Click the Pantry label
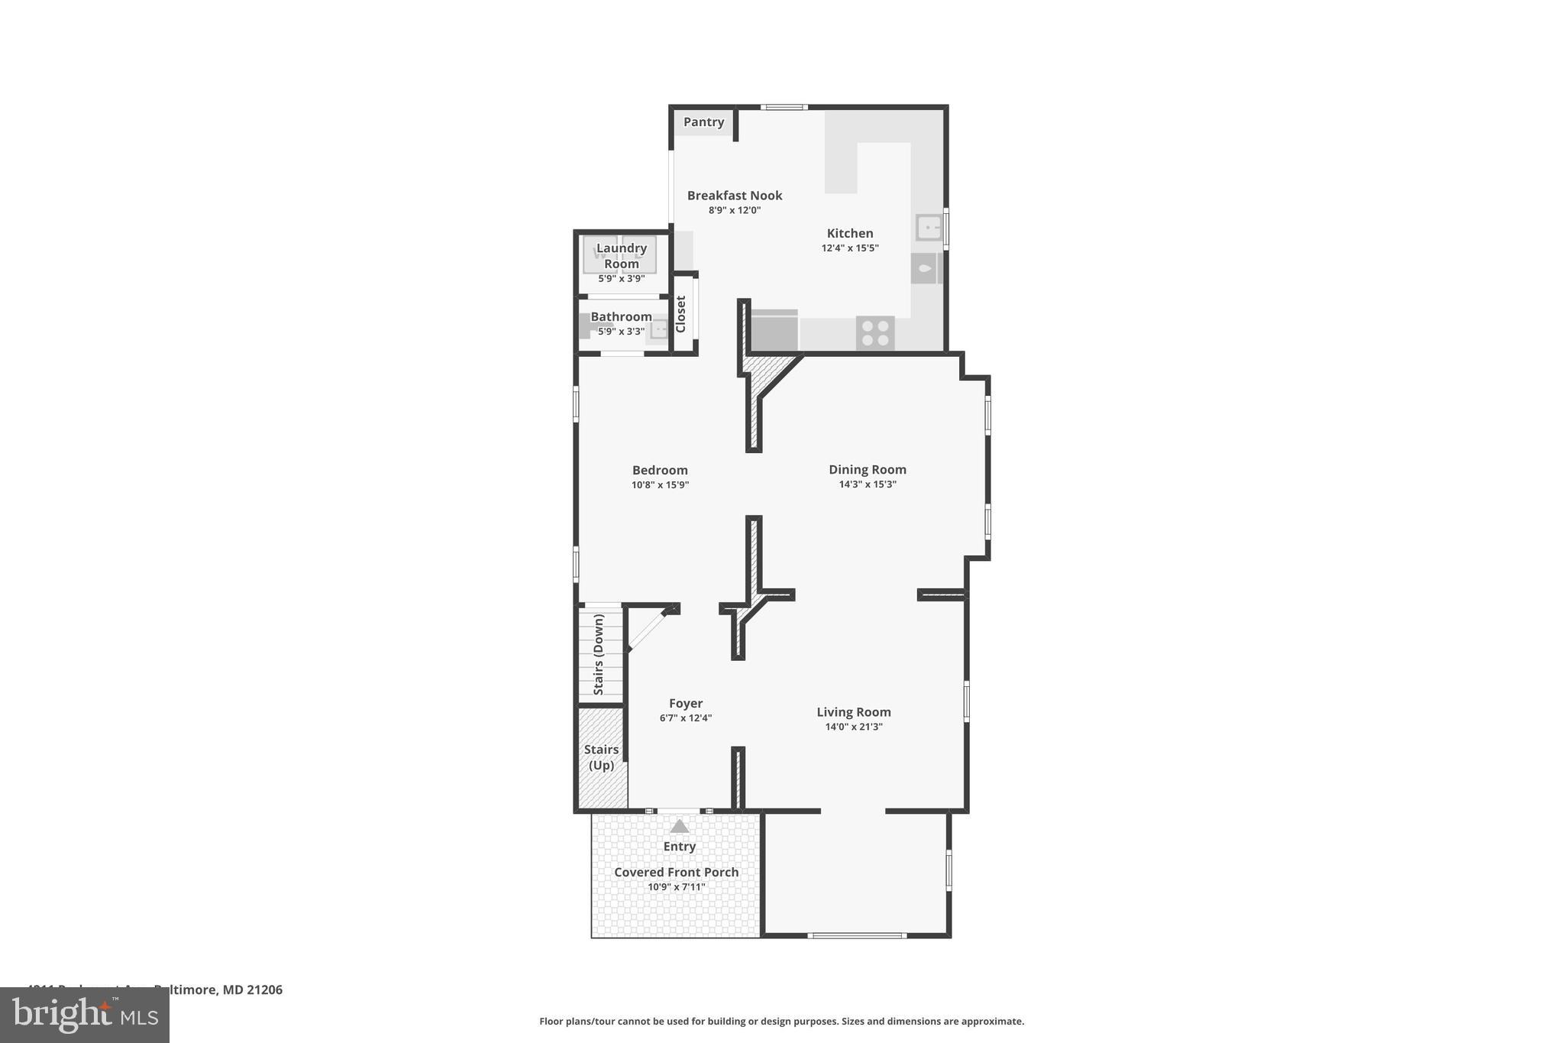pyautogui.click(x=703, y=122)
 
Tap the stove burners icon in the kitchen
pyautogui.click(x=875, y=333)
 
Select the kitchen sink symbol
pyautogui.click(x=928, y=228)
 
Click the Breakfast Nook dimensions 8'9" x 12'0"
pyautogui.click(x=735, y=210)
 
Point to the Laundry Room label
pyautogui.click(x=622, y=255)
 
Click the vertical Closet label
pyautogui.click(x=681, y=314)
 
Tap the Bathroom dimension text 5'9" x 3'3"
pyautogui.click(x=621, y=332)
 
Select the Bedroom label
pyautogui.click(x=660, y=470)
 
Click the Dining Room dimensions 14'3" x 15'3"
pyautogui.click(x=868, y=484)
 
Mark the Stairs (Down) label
pyautogui.click(x=599, y=654)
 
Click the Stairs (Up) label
pyautogui.click(x=601, y=757)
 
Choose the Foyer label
pyautogui.click(x=686, y=703)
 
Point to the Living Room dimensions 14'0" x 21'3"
pyautogui.click(x=854, y=727)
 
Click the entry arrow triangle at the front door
pyautogui.click(x=679, y=827)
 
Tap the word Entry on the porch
pyautogui.click(x=679, y=847)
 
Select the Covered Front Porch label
pyautogui.click(x=676, y=872)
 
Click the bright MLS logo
pyautogui.click(x=85, y=1015)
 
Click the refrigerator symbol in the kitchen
pyautogui.click(x=774, y=331)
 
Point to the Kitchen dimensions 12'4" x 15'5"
pyautogui.click(x=850, y=248)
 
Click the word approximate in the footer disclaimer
pyautogui.click(x=991, y=1021)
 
